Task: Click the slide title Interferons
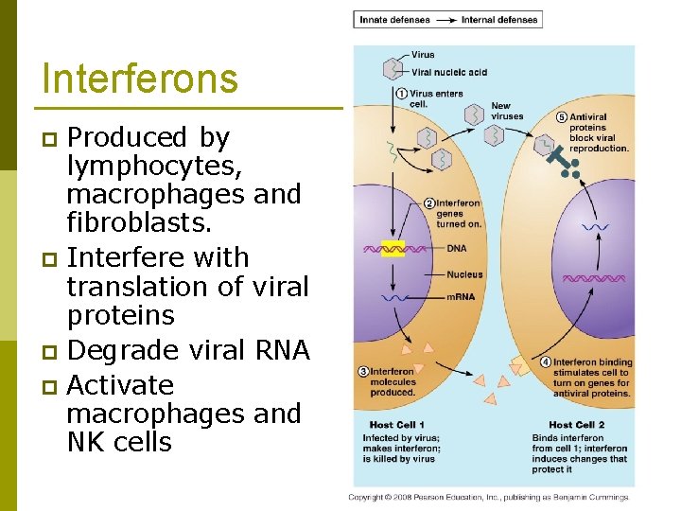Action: point(140,79)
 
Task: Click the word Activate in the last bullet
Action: point(121,385)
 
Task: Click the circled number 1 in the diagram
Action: point(401,94)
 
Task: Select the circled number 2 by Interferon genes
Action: point(428,203)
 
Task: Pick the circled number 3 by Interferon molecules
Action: point(363,372)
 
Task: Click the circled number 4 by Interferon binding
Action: point(546,362)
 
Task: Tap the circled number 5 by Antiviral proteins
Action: point(562,117)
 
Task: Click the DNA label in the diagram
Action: point(457,248)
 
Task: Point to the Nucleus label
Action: point(464,274)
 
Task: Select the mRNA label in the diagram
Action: point(461,297)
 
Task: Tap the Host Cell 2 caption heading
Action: point(576,425)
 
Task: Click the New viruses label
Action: point(500,111)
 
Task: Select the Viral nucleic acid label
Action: point(449,72)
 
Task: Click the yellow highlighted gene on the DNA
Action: point(393,249)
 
